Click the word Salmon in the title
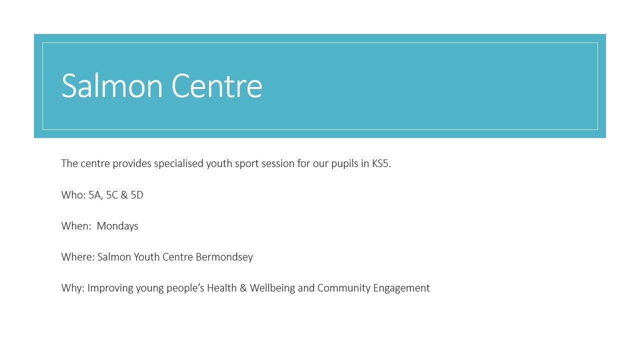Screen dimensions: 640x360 click(112, 85)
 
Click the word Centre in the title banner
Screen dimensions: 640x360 click(217, 85)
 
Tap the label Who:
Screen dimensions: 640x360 click(73, 195)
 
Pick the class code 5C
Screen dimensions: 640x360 click(112, 195)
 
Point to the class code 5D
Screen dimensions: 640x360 click(137, 195)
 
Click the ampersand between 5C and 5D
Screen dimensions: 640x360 click(124, 195)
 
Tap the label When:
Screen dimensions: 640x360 click(76, 225)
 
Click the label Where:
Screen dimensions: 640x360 click(78, 257)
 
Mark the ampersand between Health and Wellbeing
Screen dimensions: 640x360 click(243, 287)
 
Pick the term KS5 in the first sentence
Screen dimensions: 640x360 click(380, 163)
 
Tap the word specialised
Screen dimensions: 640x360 click(178, 164)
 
